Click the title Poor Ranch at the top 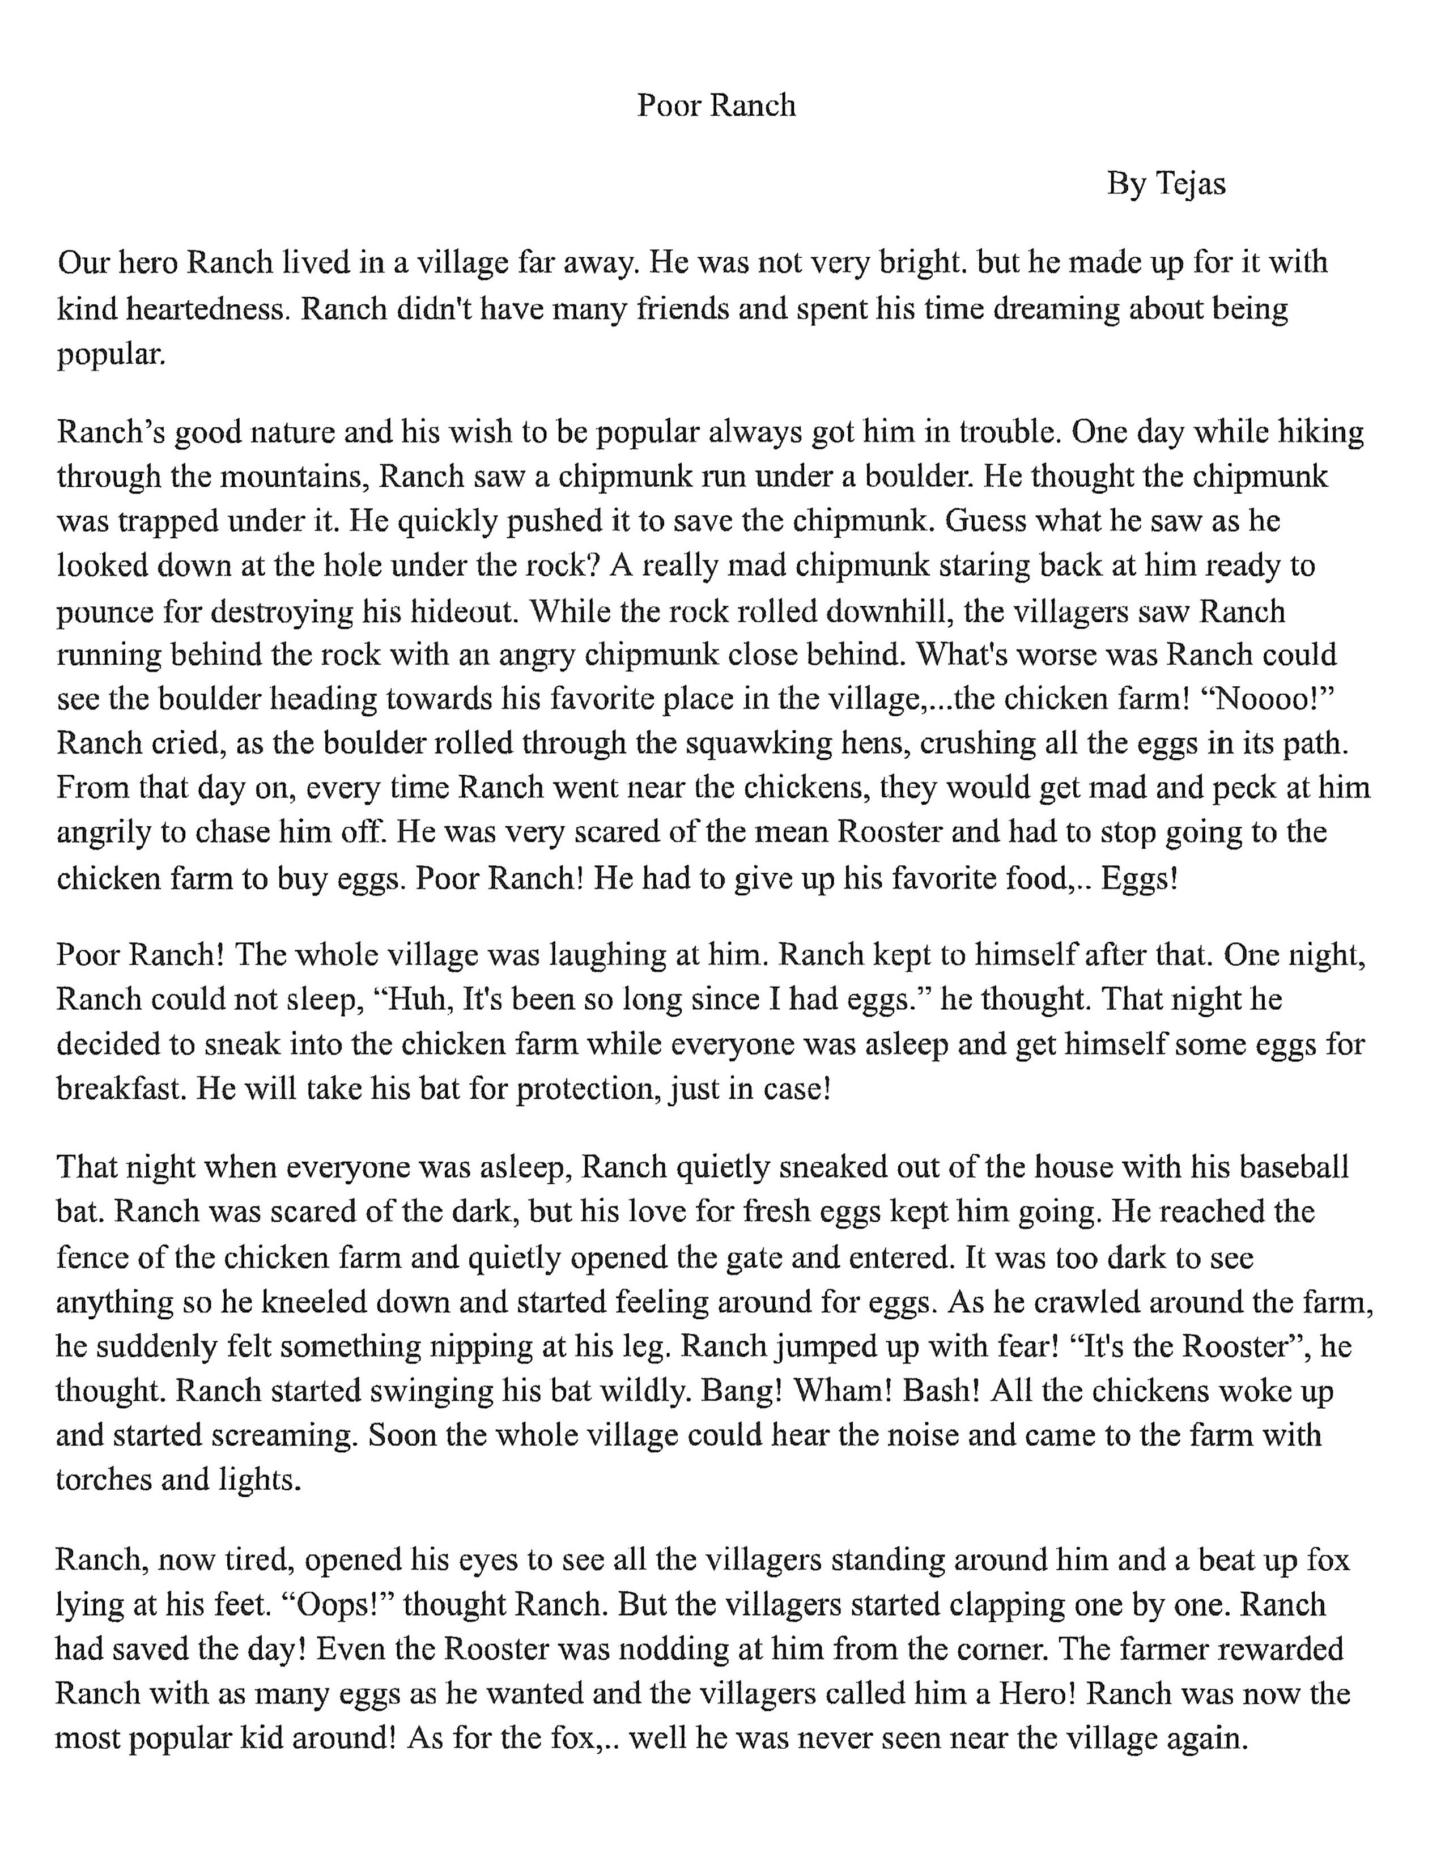coord(716,105)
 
